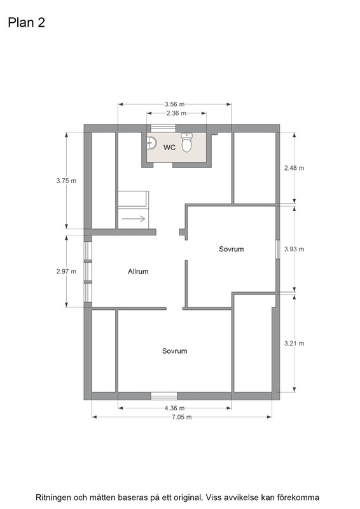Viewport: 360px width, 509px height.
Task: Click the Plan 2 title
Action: click(x=26, y=23)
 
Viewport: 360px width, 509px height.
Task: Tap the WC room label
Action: click(x=169, y=148)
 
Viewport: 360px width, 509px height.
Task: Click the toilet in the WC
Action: click(x=186, y=142)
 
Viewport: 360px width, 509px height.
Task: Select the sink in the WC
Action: click(x=151, y=143)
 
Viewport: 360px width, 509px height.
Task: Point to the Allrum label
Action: click(x=138, y=272)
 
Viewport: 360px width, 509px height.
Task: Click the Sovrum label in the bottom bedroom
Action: click(x=175, y=351)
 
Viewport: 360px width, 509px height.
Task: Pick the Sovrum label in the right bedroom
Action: click(x=231, y=249)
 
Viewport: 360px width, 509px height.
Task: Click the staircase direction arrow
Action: click(x=134, y=219)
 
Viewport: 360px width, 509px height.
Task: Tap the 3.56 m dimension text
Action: click(x=175, y=104)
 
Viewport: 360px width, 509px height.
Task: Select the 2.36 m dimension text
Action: click(x=176, y=113)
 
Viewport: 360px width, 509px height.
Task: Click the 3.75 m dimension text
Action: click(x=66, y=181)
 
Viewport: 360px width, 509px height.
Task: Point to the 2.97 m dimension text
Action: click(x=66, y=272)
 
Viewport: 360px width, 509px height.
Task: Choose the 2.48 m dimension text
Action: click(x=294, y=168)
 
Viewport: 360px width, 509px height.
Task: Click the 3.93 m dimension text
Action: click(x=294, y=249)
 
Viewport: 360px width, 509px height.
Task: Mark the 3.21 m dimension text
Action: click(x=294, y=344)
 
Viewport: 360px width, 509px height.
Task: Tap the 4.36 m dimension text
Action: click(x=175, y=408)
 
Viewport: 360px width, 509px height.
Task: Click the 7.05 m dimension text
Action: click(x=182, y=417)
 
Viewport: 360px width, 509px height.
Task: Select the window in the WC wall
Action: click(x=163, y=129)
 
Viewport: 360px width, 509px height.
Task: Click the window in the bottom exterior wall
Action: click(x=164, y=396)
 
